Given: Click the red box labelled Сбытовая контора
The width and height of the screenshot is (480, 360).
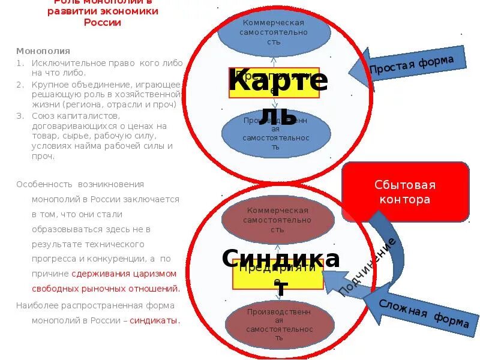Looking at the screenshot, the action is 405,192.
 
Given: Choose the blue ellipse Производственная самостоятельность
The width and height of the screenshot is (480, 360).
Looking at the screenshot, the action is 275,133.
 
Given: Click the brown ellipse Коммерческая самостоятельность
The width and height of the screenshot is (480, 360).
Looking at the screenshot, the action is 277,220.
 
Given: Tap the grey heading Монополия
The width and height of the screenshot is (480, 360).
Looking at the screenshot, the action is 43,51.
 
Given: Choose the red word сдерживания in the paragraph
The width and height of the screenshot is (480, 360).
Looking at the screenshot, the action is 99,273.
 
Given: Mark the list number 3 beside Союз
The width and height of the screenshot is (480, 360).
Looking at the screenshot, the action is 19,116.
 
